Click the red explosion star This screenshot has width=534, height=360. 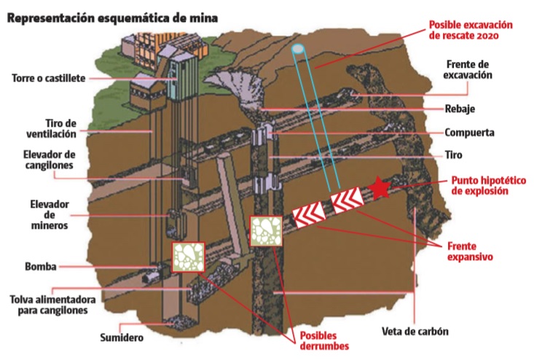380,189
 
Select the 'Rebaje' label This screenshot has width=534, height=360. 460,111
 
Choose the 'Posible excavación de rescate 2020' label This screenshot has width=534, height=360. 471,29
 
